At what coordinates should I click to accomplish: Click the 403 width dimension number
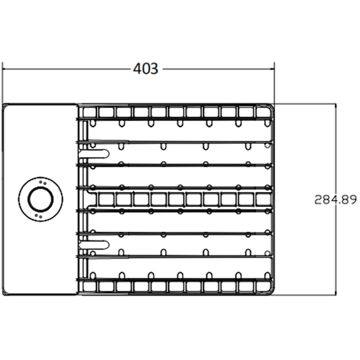click(x=145, y=68)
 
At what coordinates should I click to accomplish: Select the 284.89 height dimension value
click(x=335, y=199)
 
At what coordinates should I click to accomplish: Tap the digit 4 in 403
click(x=137, y=68)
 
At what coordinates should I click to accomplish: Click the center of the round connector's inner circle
click(x=40, y=199)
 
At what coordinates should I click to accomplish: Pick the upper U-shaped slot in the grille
click(x=94, y=153)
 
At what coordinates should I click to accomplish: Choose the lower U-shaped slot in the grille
click(x=94, y=245)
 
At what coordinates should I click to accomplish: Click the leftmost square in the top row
click(x=89, y=112)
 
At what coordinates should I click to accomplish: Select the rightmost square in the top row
click(x=264, y=112)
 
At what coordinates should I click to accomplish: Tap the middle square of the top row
click(x=176, y=112)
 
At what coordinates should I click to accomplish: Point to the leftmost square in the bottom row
click(x=89, y=286)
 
